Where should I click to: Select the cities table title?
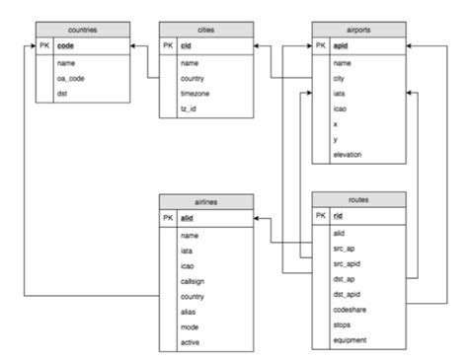(x=205, y=31)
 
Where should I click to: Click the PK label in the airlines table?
(x=167, y=216)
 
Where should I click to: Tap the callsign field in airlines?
(x=194, y=283)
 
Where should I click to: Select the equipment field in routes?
(x=351, y=339)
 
